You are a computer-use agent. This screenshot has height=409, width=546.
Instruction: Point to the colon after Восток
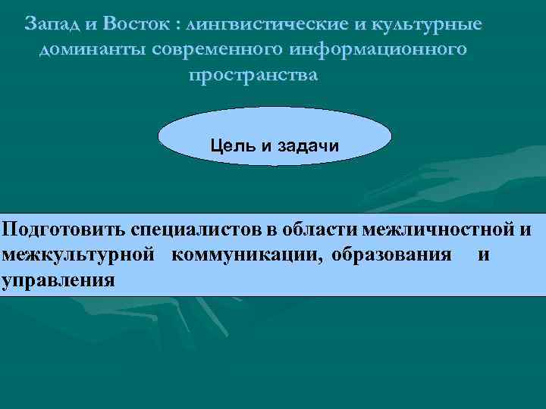[176, 25]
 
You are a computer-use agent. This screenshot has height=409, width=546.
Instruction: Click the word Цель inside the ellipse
[231, 144]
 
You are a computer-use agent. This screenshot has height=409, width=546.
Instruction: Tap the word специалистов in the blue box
[199, 229]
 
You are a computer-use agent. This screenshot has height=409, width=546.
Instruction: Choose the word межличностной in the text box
[438, 229]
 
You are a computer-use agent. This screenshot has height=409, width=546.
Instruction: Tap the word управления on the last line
[58, 280]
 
